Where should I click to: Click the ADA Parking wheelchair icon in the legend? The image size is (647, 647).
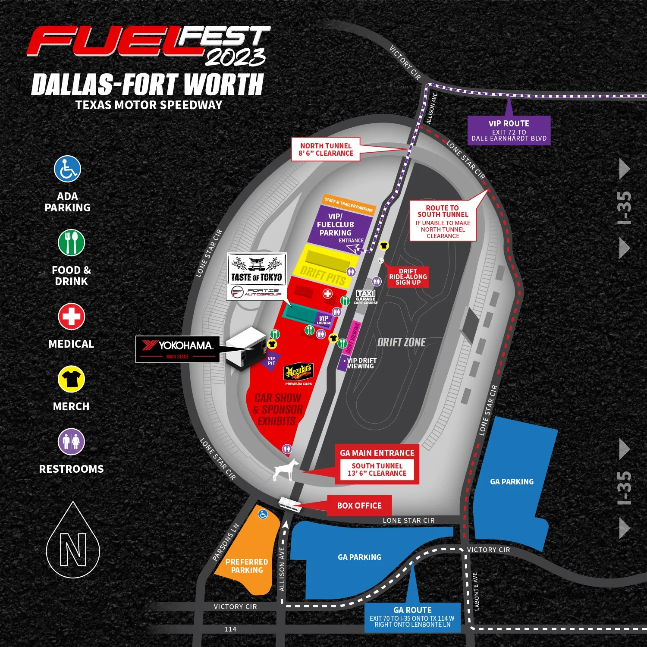67,169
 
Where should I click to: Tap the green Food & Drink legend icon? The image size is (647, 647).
71,242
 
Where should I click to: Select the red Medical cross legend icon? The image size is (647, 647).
71,317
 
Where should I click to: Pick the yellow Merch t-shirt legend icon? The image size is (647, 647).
71,379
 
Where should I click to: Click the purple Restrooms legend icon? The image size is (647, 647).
71,442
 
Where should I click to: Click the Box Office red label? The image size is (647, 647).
359,506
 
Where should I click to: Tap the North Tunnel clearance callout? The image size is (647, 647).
326,150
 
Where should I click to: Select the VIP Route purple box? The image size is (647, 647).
509,130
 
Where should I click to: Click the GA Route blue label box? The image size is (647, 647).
412,617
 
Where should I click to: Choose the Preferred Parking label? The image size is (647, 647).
247,566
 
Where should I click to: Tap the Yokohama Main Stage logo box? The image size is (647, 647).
178,349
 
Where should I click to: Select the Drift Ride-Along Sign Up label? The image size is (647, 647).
408,277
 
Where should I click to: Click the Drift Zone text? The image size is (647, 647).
401,342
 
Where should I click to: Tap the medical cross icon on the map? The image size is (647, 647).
328,294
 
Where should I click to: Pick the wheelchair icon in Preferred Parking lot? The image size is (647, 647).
263,514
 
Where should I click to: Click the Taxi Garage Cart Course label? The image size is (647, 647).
366,297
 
